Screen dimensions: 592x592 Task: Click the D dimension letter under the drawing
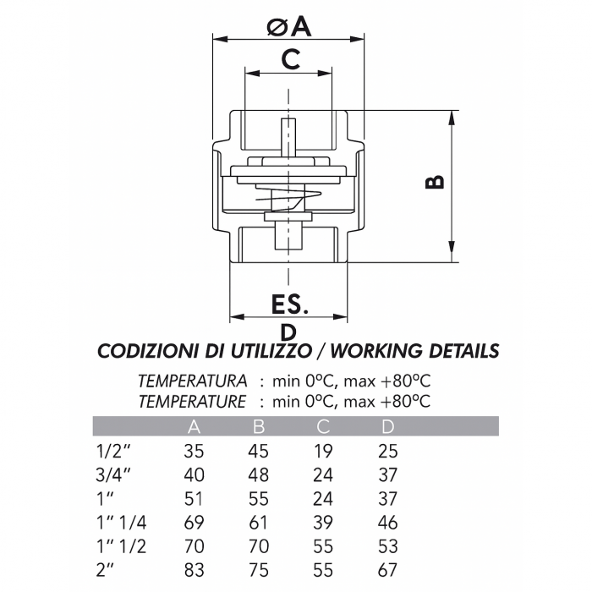(x=288, y=331)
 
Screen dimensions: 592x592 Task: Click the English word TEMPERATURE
(x=193, y=400)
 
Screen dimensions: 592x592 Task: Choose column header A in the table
(x=194, y=426)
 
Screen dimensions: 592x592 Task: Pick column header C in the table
(x=322, y=426)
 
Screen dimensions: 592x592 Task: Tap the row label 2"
(x=105, y=571)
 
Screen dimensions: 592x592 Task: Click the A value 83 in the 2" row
(x=194, y=571)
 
